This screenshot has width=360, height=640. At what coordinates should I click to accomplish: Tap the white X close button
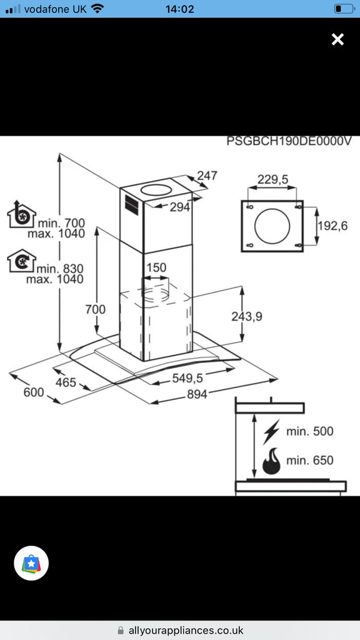[337, 39]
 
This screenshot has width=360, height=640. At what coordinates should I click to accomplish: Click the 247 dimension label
[207, 175]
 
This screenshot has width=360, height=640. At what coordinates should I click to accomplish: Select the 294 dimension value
[180, 207]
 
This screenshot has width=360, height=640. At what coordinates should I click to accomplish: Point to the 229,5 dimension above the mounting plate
[272, 179]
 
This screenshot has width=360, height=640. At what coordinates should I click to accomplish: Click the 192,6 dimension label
[332, 226]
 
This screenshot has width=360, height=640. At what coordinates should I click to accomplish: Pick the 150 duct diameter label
[156, 267]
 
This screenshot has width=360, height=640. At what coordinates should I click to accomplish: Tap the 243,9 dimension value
[246, 316]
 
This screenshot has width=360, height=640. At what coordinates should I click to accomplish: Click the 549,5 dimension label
[187, 378]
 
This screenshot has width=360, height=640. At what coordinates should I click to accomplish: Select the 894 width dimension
[197, 394]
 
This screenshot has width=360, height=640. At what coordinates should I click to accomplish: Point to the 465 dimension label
[66, 382]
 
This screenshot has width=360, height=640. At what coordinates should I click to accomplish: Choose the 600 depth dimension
[34, 392]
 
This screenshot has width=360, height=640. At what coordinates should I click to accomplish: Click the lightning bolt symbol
[271, 432]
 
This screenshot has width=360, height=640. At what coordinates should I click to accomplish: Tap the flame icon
[271, 461]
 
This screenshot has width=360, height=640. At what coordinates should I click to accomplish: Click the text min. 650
[310, 461]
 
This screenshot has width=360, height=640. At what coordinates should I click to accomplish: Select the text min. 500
[310, 431]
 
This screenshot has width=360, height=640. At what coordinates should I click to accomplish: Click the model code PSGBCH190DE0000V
[289, 141]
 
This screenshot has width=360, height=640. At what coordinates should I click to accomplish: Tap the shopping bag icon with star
[31, 563]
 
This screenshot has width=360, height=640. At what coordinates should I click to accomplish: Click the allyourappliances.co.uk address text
[186, 631]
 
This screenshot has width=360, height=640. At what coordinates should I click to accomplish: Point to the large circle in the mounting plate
[272, 226]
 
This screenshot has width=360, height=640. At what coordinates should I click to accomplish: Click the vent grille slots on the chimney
[131, 205]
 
